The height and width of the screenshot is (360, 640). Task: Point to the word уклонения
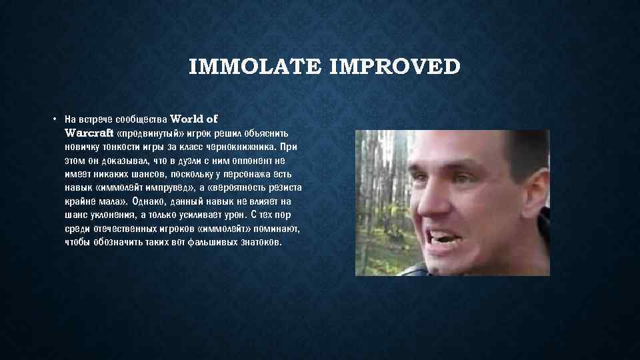pyautogui.click(x=110, y=215)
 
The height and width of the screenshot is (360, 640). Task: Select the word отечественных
pyautogui.click(x=123, y=229)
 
